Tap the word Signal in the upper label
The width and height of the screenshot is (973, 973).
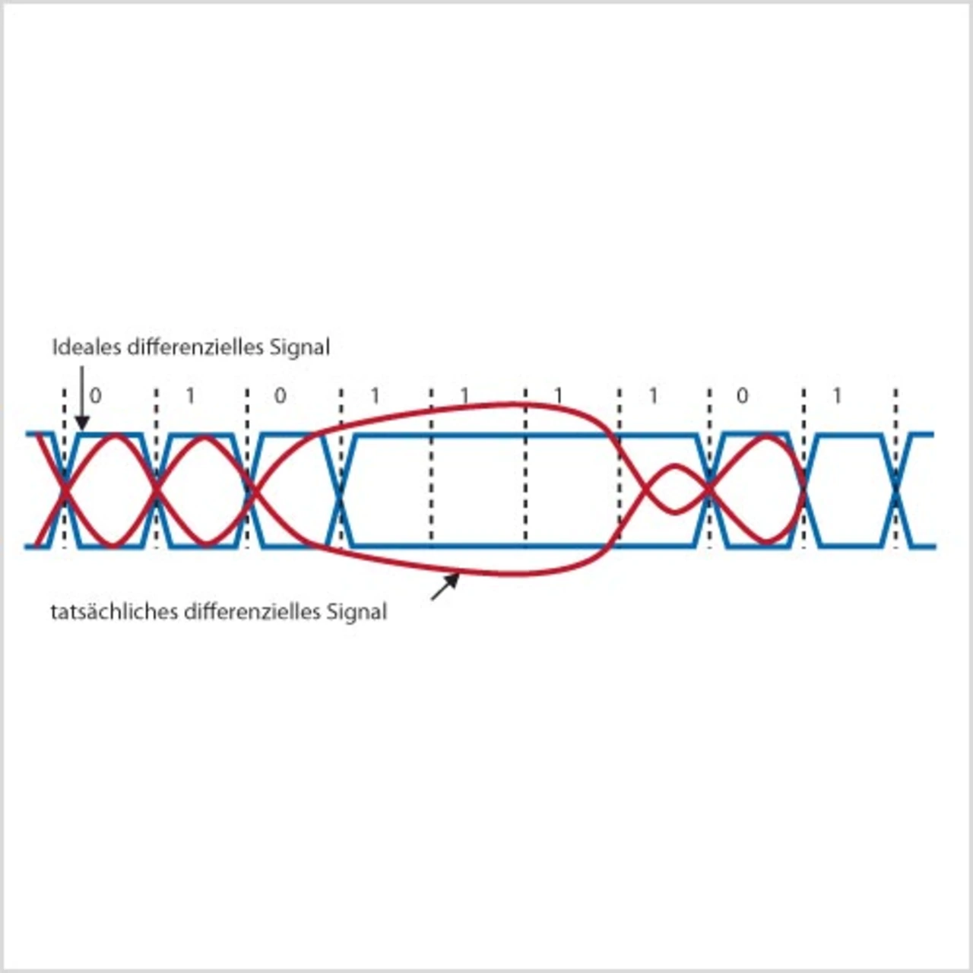[x=300, y=347]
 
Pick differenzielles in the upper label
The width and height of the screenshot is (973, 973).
[x=195, y=347]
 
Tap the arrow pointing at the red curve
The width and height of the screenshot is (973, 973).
[x=446, y=586]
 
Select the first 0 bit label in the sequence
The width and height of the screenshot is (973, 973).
[x=95, y=395]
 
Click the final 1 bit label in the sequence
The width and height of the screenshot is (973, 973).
[x=837, y=395]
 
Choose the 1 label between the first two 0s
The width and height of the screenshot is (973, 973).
[x=190, y=395]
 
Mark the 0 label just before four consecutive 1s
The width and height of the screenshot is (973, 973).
[x=280, y=395]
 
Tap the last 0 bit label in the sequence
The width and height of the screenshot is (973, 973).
[x=743, y=395]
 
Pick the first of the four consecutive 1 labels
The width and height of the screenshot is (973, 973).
[x=374, y=395]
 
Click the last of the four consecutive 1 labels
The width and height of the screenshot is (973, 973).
[x=653, y=395]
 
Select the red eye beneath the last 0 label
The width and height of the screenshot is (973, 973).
[x=756, y=490]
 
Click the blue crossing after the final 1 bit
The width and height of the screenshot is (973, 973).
[x=897, y=490]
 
